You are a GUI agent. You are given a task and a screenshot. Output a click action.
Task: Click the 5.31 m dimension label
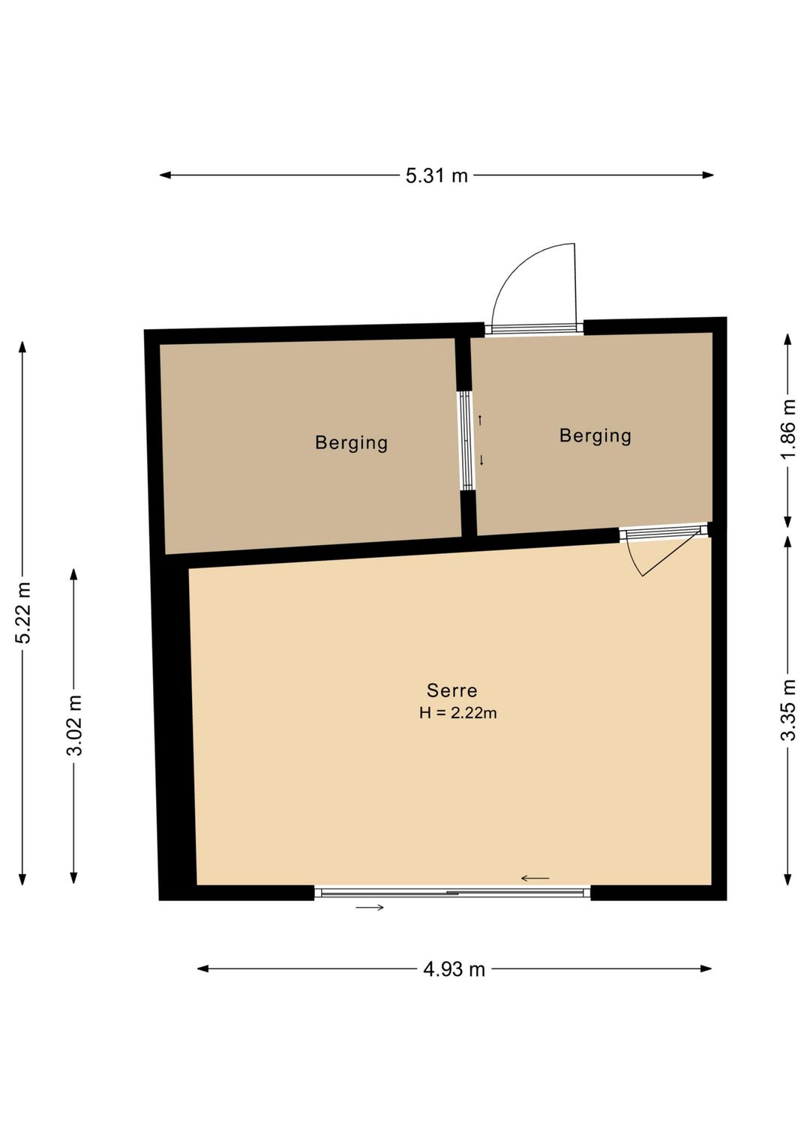[x=436, y=175]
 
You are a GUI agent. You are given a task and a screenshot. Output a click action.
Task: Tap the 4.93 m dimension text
[x=454, y=969]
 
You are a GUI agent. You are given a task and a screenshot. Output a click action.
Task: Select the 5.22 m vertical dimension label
[x=23, y=613]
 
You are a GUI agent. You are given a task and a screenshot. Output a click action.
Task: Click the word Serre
[x=451, y=691]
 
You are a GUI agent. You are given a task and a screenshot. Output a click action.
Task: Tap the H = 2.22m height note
[x=458, y=713]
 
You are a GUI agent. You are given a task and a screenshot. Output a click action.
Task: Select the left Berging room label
[x=351, y=443]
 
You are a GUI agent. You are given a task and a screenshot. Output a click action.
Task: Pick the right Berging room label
[x=595, y=436]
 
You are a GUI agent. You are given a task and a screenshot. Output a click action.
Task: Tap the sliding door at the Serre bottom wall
[x=452, y=890]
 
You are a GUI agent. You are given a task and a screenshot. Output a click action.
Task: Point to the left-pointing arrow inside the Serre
[x=535, y=879]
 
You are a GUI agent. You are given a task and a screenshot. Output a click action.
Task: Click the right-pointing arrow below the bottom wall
[x=370, y=907]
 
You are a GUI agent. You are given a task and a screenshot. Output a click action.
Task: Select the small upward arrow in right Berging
[x=480, y=421]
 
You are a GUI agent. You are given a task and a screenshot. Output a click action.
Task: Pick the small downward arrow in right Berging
[x=481, y=460]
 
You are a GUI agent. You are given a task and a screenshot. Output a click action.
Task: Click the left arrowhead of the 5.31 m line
[x=165, y=175]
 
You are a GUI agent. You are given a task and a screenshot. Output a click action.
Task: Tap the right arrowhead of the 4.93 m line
[x=706, y=969]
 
